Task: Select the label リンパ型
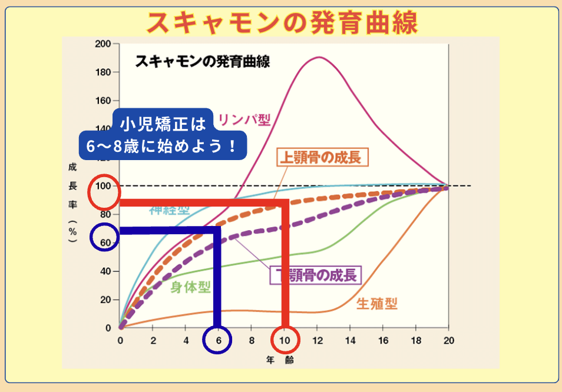point(244,121)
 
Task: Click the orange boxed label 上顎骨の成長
point(322,158)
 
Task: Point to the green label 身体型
point(190,287)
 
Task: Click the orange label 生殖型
point(377,304)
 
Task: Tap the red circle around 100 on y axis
point(104,192)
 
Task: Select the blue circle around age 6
point(217,340)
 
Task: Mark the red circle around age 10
point(286,340)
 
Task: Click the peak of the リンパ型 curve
point(319,57)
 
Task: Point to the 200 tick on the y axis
point(103,44)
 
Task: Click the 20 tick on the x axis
point(449,340)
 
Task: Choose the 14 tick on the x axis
point(351,340)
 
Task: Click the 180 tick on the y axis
point(103,72)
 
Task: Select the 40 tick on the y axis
point(105,271)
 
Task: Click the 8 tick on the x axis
point(252,340)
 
